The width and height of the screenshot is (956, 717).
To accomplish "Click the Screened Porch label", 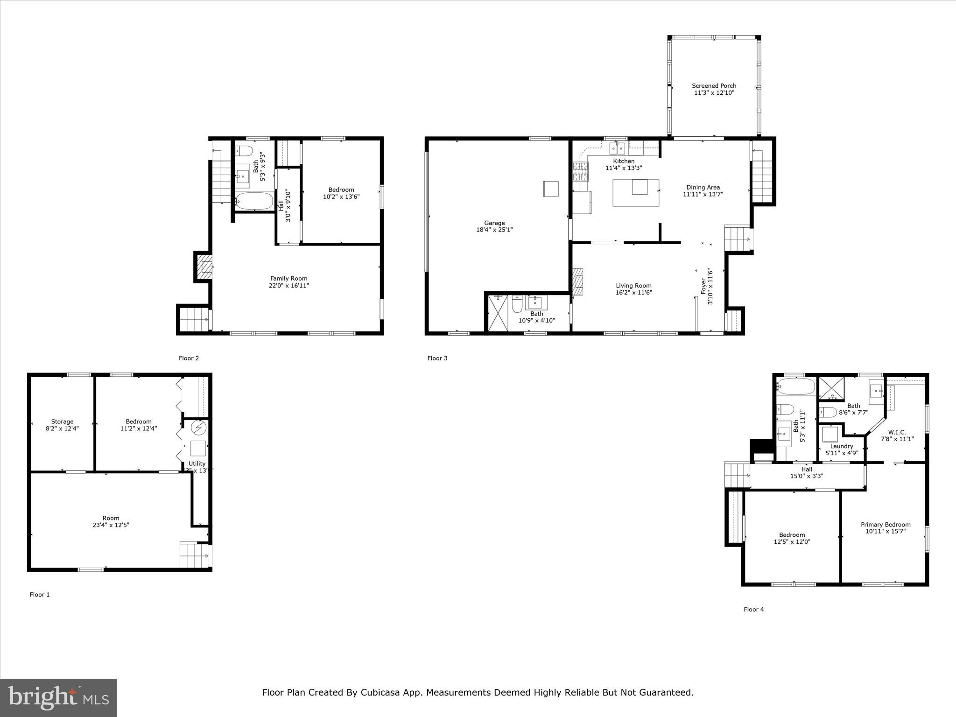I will point(714,86).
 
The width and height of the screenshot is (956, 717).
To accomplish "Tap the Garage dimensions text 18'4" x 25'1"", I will point(494,230).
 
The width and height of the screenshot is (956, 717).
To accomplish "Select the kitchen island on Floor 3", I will point(635,193).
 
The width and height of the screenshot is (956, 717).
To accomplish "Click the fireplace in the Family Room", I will point(204,267).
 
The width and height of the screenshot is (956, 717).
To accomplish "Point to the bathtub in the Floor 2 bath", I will point(254,202).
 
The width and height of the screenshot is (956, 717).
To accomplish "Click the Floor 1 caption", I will point(40,594).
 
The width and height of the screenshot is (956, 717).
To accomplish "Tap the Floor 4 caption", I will point(753,609).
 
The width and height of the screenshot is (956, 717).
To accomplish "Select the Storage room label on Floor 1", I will point(62,422).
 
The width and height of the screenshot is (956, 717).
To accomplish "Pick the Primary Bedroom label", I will point(886,524).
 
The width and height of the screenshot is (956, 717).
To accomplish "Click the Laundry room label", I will point(842,446).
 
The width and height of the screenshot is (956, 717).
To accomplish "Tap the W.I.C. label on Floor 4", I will point(897,432).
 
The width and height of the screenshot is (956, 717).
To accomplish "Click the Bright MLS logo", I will point(58,697).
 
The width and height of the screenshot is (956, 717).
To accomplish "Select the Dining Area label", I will point(703,187).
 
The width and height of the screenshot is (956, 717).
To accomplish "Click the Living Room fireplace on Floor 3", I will point(578,281).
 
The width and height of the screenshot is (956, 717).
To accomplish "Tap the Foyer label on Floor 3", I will point(703,287).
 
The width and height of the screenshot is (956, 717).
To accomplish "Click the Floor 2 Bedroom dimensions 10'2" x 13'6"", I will point(341,197).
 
